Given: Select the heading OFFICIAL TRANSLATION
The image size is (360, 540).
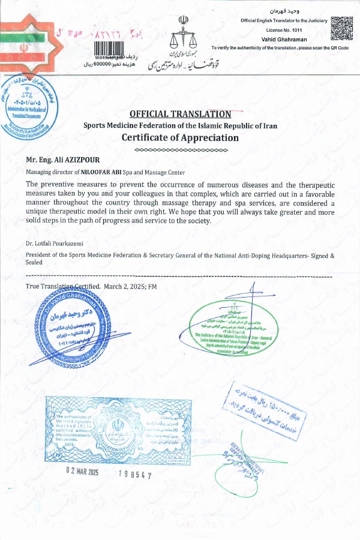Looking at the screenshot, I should [x=181, y=114].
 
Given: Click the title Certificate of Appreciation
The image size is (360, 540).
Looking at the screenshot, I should [x=181, y=137].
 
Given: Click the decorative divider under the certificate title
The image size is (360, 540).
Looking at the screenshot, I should [x=181, y=149].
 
